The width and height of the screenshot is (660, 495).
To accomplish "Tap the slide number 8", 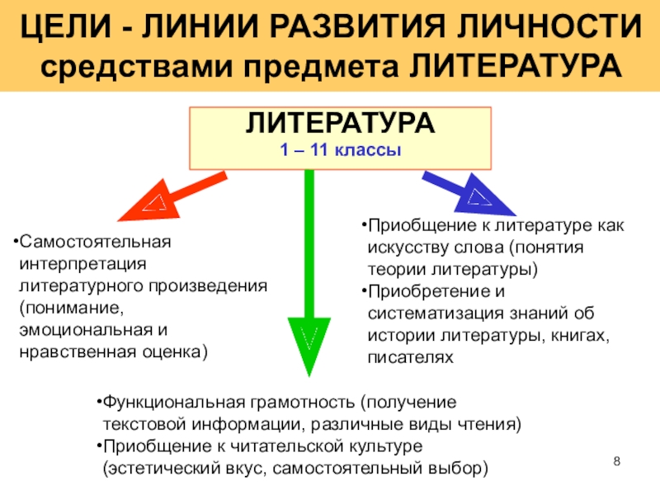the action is click(617, 460).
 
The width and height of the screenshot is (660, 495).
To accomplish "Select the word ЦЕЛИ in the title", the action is click(57, 31).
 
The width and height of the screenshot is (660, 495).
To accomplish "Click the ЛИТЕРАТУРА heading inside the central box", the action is click(340, 125).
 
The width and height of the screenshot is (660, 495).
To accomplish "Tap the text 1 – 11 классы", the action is click(340, 150).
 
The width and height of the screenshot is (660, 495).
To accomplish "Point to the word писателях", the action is click(410, 358).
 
